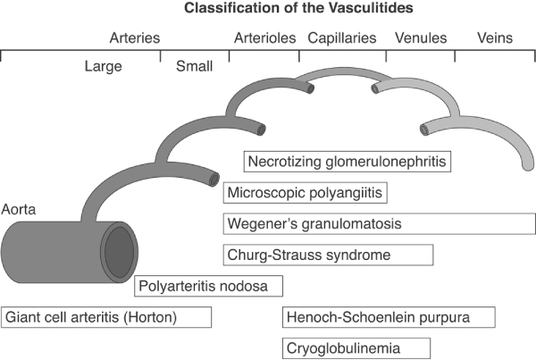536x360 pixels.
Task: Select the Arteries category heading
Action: [x=134, y=38]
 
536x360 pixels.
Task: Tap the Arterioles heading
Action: [x=264, y=38]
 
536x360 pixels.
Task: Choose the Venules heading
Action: [x=420, y=38]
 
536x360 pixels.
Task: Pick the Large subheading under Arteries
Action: [x=103, y=65]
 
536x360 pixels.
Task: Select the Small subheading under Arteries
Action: [x=194, y=65]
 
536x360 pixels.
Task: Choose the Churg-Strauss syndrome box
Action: [x=327, y=255]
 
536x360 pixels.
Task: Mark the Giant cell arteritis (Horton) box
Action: [x=106, y=317]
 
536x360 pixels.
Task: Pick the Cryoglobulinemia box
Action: [x=356, y=347]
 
